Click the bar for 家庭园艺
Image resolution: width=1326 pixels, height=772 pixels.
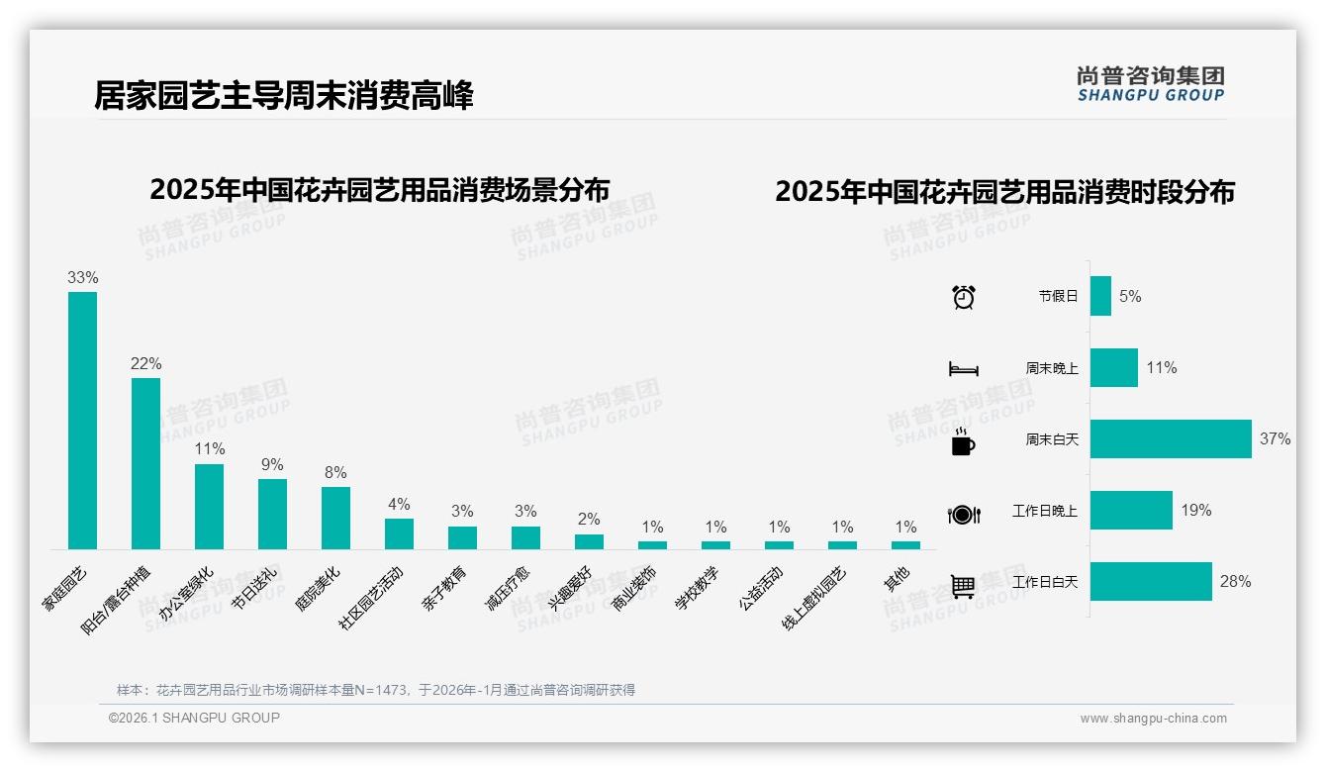82,420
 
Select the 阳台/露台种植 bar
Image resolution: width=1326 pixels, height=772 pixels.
145,463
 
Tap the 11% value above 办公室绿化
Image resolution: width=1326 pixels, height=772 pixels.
210,448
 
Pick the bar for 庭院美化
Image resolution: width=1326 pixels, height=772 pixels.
335,518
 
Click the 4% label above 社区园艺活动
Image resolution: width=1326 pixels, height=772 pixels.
399,504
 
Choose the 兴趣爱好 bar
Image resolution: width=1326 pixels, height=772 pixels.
589,541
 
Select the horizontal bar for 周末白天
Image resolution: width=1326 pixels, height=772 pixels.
1170,438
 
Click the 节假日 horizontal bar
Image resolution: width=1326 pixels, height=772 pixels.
1100,296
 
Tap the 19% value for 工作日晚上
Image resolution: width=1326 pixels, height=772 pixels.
1195,511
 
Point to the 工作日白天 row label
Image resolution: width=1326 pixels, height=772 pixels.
1045,582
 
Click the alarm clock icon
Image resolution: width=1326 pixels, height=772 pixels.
963,296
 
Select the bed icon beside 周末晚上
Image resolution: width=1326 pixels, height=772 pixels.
963,368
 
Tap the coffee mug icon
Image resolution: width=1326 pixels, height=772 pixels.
963,440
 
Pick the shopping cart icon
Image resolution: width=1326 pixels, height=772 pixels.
963,586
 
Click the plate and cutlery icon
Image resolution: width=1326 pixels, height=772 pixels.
963,514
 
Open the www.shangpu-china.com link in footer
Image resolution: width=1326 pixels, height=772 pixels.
1153,719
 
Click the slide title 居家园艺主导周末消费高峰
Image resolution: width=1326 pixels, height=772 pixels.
284,96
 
